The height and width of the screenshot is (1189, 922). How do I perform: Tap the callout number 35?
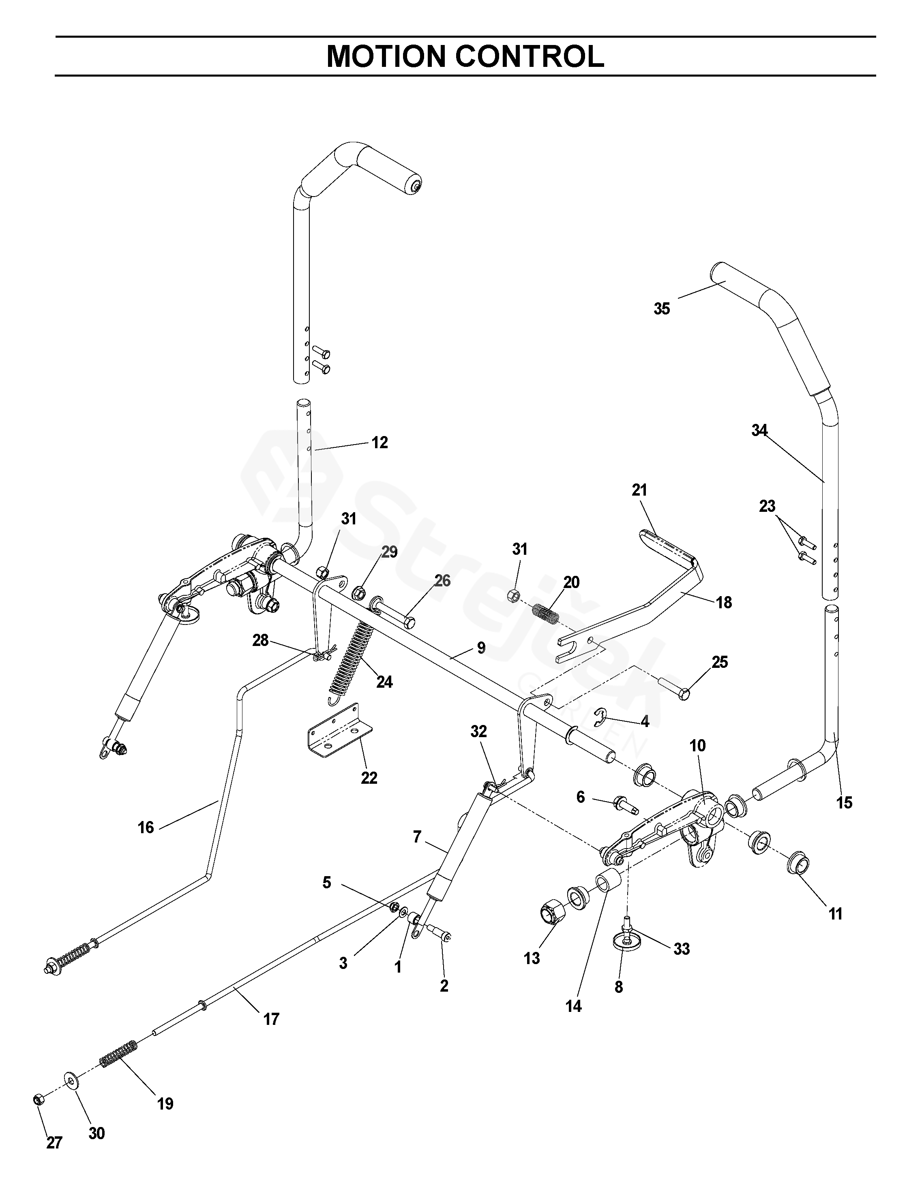[x=661, y=309]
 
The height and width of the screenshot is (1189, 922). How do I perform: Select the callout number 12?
[x=380, y=443]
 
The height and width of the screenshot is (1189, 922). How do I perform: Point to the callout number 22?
[x=369, y=778]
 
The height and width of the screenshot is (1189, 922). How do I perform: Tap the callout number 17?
[x=271, y=1019]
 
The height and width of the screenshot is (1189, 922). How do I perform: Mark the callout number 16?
[x=146, y=828]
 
